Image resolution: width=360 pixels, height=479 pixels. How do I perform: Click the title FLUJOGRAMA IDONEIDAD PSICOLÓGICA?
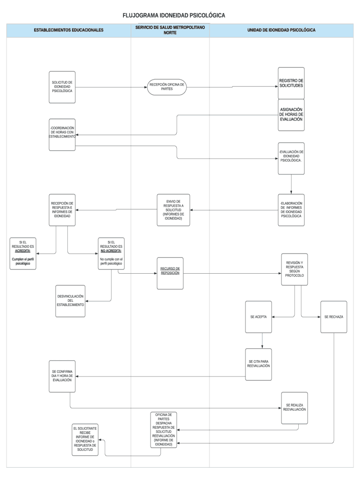tap(173, 15)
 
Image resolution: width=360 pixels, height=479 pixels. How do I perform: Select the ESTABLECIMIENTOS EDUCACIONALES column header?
tap(68, 30)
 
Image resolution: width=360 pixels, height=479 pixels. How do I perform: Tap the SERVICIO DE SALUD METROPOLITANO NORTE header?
tap(170, 30)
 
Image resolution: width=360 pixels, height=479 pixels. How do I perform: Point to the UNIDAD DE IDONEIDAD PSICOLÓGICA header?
tap(281, 30)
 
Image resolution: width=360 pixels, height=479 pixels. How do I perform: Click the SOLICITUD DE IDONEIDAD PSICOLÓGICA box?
tap(62, 87)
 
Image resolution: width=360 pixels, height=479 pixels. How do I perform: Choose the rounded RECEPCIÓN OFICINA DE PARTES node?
tap(167, 87)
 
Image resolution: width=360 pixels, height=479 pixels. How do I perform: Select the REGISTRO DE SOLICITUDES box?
tap(291, 83)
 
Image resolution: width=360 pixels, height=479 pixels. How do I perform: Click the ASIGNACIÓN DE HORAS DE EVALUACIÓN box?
tap(291, 115)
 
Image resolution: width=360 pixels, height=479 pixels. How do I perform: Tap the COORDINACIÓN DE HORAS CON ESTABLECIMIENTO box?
tap(62, 132)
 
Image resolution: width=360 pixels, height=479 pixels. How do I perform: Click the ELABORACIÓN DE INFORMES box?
tap(291, 210)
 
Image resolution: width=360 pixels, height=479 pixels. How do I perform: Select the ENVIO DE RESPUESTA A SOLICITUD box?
tap(173, 210)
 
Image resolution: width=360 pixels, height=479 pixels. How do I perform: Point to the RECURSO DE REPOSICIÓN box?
tap(170, 273)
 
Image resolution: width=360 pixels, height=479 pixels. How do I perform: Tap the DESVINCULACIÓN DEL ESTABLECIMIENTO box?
tap(71, 300)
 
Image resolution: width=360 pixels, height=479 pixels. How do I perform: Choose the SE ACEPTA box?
tap(259, 317)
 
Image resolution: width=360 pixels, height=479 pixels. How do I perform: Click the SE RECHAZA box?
tap(334, 317)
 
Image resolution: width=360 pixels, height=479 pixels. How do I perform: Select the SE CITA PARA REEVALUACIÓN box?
tap(259, 364)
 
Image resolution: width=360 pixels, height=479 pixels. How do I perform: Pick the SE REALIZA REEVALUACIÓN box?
tap(295, 407)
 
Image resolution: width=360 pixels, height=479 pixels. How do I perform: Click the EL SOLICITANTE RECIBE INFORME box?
tap(85, 440)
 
